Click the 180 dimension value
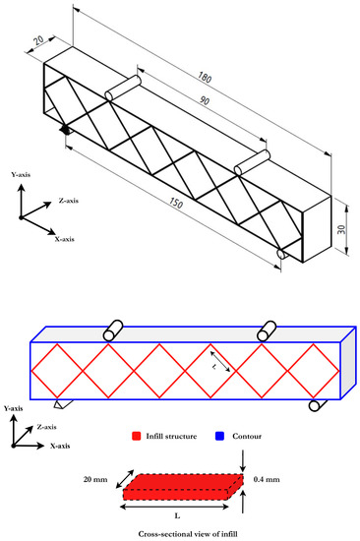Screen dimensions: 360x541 point(205,78)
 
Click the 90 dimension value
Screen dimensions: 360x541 point(204,100)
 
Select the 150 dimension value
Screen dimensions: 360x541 point(176,203)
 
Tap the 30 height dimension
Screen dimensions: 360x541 point(341,229)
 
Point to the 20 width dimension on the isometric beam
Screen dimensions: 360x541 point(38,40)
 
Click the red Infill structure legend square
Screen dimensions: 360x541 point(137,436)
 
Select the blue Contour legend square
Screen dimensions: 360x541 point(219,436)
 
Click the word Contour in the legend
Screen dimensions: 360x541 point(247,436)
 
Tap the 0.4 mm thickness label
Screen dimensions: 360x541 point(267,479)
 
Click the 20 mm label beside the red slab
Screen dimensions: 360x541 point(95,479)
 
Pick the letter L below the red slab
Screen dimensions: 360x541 point(177,516)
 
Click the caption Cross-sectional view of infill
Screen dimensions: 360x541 point(188,534)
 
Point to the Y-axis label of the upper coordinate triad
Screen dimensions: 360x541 point(21,174)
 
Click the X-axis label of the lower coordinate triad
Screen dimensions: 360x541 point(60,446)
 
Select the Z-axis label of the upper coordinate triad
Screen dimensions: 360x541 point(68,201)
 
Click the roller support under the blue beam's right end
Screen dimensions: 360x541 point(317,404)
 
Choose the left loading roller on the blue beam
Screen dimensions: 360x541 point(112,331)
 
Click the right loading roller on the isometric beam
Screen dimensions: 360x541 point(251,162)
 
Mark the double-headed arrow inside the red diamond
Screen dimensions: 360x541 point(220,361)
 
